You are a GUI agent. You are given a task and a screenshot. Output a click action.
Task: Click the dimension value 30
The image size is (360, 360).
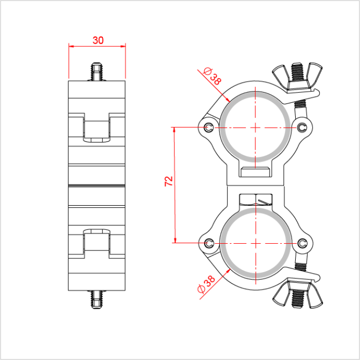pyautogui.click(x=98, y=40)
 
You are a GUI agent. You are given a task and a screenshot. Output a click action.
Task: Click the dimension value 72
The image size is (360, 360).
pyautogui.click(x=168, y=181)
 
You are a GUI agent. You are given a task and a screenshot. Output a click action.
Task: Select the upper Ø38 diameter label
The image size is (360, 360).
pyautogui.click(x=212, y=77)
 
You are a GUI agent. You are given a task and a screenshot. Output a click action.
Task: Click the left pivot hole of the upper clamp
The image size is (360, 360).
pyautogui.click(x=208, y=127)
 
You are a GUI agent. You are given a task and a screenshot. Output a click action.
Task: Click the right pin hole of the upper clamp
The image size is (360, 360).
pyautogui.click(x=302, y=127)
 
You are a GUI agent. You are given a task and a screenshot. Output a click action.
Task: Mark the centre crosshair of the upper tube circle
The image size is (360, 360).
pyautogui.click(x=255, y=127)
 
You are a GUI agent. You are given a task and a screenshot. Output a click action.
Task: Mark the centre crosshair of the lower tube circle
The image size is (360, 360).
pyautogui.click(x=255, y=243)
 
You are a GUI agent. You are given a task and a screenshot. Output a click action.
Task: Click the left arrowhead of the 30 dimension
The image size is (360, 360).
pyautogui.click(x=71, y=46)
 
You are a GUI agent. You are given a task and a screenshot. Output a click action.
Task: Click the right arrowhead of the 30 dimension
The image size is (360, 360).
pyautogui.click(x=123, y=46)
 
